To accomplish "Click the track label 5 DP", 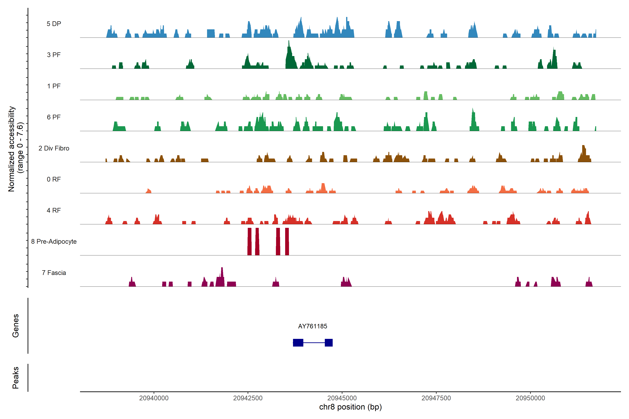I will [x=54, y=24].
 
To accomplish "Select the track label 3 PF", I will [x=54, y=55].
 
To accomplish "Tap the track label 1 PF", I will [x=54, y=86].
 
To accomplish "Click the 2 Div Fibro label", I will [x=54, y=148].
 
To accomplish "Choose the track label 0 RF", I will [x=54, y=179].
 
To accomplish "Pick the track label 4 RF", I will [x=54, y=210].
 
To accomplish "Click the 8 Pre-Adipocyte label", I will [x=54, y=242].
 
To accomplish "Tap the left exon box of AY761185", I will [x=298, y=343].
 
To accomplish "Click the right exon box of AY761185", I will [x=329, y=343].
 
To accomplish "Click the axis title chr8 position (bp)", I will [x=350, y=407].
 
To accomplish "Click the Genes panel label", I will [x=16, y=326].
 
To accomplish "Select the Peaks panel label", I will [x=16, y=378].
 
